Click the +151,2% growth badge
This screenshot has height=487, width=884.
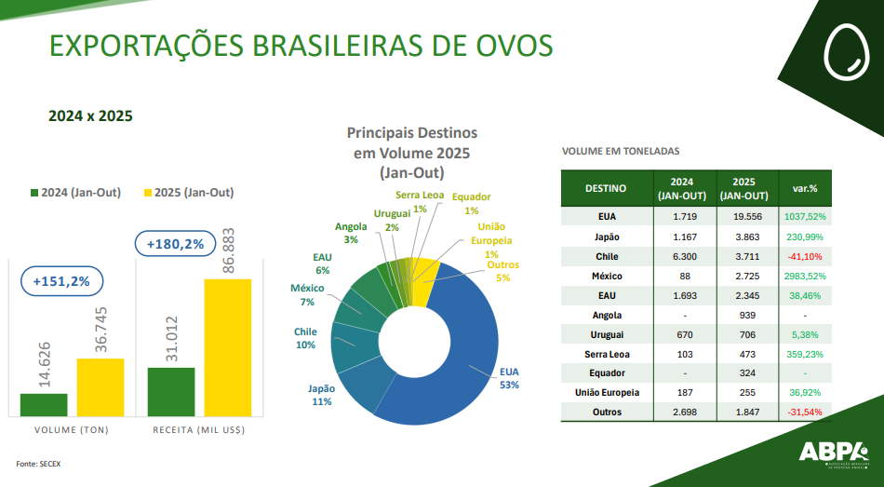pos(61,280)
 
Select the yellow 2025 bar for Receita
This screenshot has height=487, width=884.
pos(227,347)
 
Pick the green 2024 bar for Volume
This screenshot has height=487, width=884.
pos(44,404)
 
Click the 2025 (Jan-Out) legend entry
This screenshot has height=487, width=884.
pos(187,193)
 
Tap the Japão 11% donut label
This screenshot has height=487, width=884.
pos(322,395)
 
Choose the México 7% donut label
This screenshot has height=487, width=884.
pos(307,295)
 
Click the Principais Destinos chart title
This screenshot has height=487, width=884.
pos(411,153)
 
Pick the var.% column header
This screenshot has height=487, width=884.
pos(804,188)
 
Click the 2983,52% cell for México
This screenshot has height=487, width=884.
pos(804,277)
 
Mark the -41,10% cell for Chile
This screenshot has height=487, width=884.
pos(804,257)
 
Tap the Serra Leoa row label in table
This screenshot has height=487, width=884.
pos(607,355)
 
